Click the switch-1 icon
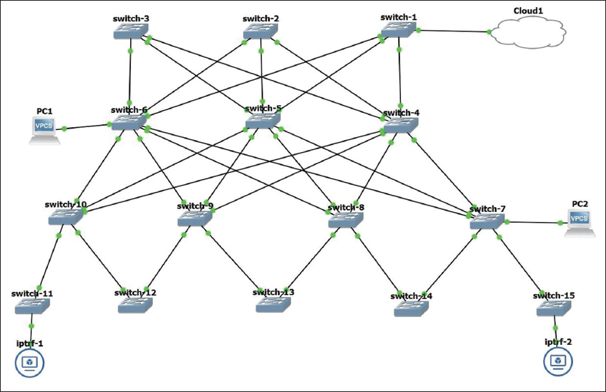[x=398, y=30]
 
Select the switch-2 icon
[x=261, y=31]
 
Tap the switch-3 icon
[x=131, y=31]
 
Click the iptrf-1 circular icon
[x=29, y=363]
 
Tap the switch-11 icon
[x=32, y=307]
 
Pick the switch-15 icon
[x=555, y=308]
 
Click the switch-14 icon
[x=412, y=308]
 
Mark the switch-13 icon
[x=274, y=304]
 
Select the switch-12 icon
[x=136, y=305]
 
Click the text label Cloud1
[x=529, y=11]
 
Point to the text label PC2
[x=580, y=203]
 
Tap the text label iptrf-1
[x=30, y=343]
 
